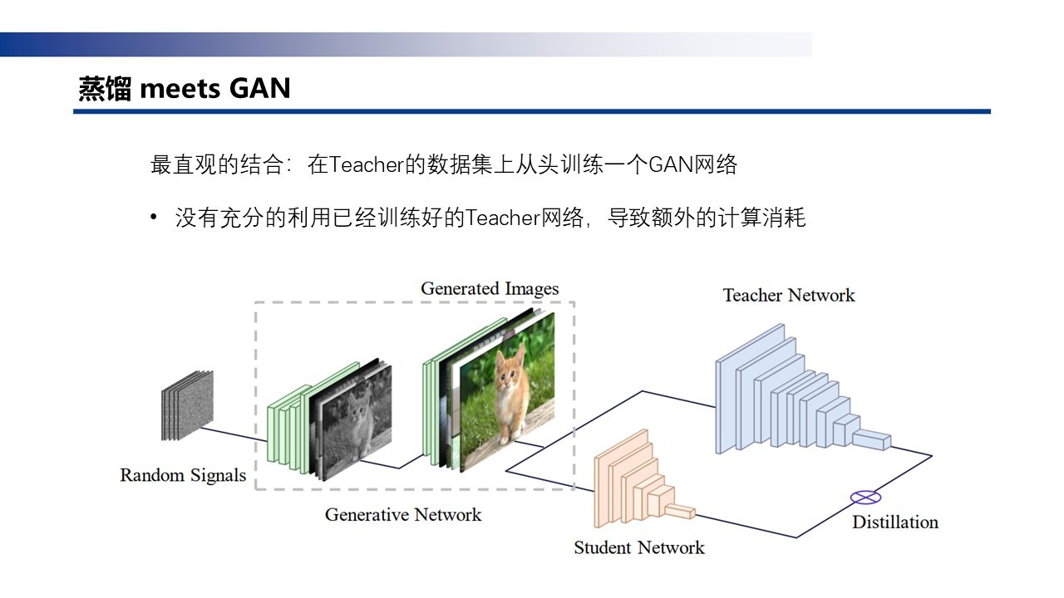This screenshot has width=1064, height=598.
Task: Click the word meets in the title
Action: [x=170, y=88]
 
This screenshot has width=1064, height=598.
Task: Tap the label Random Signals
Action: [x=183, y=475]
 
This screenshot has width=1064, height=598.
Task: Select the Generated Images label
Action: [x=490, y=289]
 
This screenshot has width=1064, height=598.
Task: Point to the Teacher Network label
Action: [x=788, y=295]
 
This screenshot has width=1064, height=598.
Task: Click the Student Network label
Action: [x=638, y=547]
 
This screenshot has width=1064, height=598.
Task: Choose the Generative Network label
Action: [x=402, y=514]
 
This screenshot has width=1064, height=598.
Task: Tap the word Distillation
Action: [x=894, y=522]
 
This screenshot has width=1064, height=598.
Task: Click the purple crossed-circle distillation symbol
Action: [x=864, y=498]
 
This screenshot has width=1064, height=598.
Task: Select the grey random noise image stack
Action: [x=186, y=404]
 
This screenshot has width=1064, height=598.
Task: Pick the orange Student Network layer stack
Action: [x=636, y=482]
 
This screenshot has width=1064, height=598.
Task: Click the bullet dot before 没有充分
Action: [x=154, y=218]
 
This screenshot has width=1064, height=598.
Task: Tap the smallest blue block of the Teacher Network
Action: [x=874, y=439]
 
